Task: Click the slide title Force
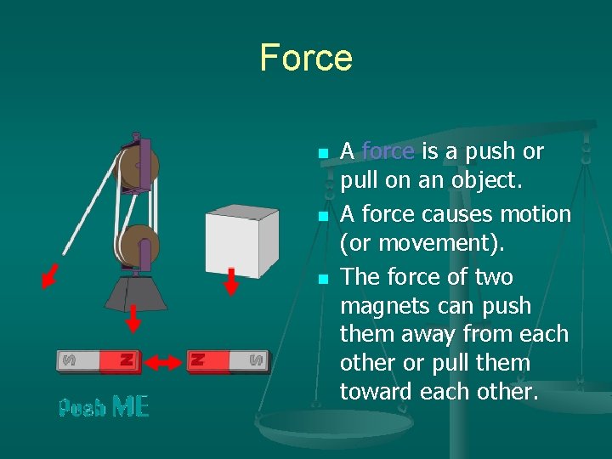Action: pyautogui.click(x=306, y=58)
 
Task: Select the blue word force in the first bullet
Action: pyautogui.click(x=388, y=152)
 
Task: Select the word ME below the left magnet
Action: pyautogui.click(x=130, y=407)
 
